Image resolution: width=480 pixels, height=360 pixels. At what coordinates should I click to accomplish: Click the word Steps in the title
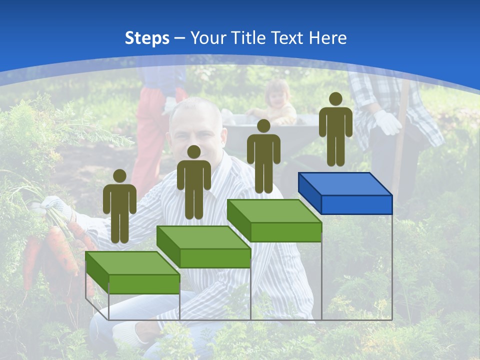pos(147,38)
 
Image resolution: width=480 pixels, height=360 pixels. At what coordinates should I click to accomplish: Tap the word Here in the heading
pos(327,38)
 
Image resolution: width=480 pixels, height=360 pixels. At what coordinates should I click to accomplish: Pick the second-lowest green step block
pos(203,247)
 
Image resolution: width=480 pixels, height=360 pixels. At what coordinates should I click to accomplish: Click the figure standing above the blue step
pos(335,130)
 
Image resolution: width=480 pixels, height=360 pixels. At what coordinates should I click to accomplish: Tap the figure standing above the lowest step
pos(119,206)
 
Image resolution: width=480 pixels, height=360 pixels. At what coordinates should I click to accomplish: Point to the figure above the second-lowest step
pos(193,183)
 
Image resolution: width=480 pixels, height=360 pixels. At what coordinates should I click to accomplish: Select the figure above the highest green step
pos(263,156)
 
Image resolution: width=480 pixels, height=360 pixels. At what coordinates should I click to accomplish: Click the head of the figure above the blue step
pos(335,99)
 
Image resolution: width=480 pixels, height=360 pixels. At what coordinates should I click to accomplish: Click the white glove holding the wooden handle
pos(387,122)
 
